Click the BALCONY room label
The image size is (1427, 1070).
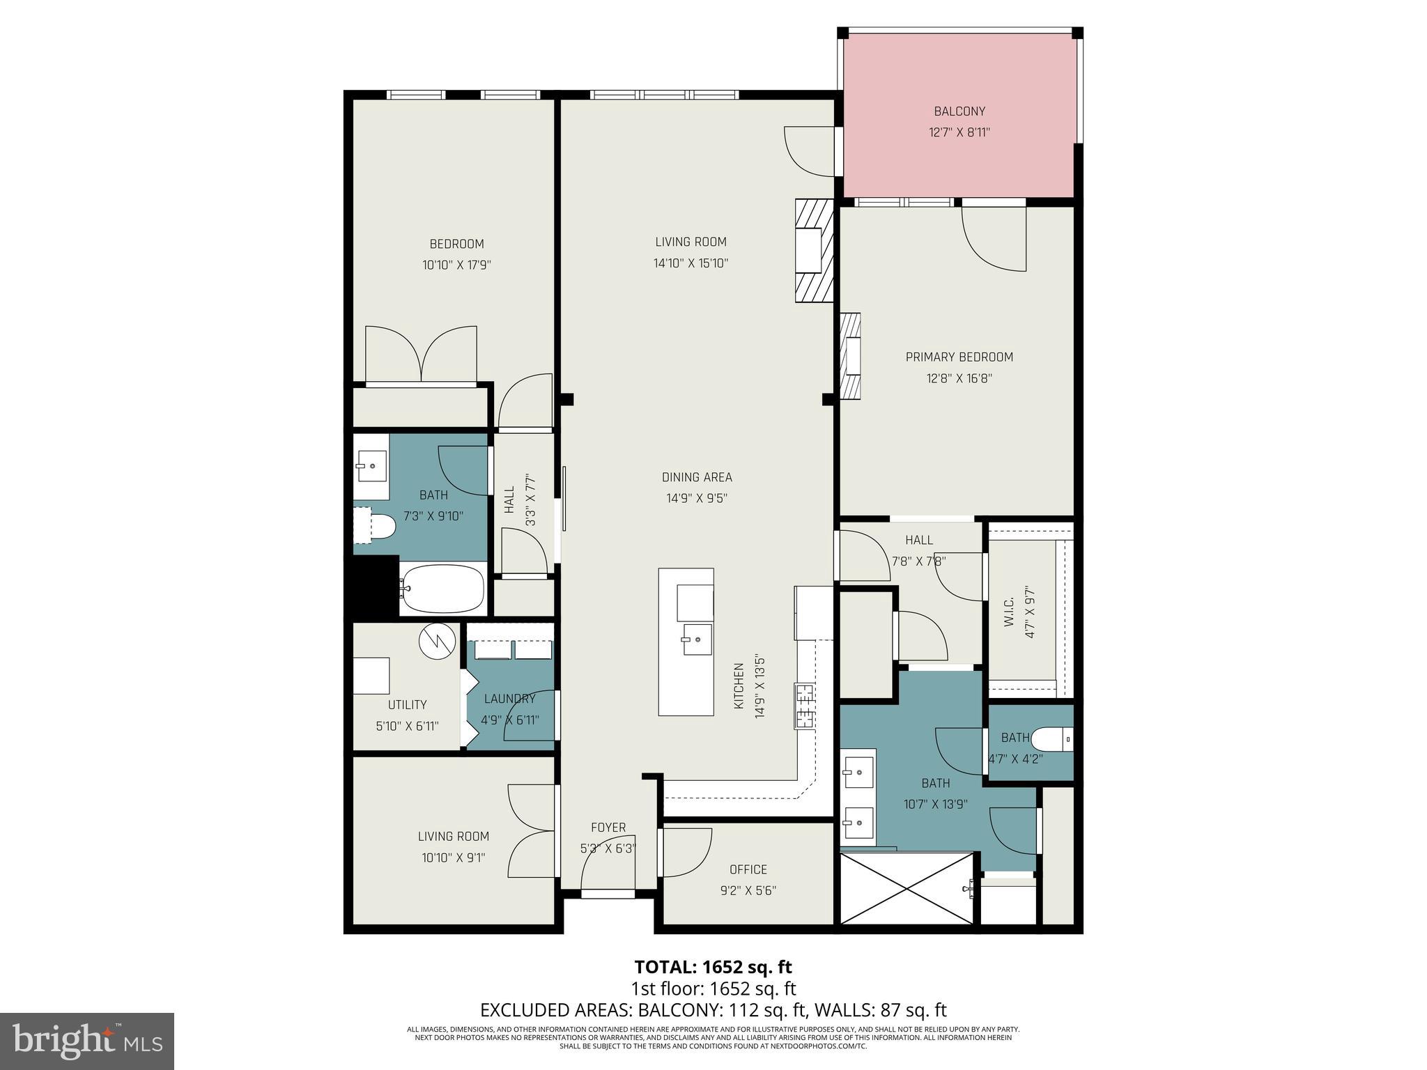click(x=959, y=111)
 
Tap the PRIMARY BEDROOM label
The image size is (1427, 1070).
click(x=959, y=357)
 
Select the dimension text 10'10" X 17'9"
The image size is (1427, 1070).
click(x=456, y=265)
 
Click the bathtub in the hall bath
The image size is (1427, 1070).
click(x=443, y=589)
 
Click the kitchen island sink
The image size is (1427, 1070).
click(x=697, y=639)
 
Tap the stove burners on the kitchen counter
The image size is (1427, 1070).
click(x=804, y=706)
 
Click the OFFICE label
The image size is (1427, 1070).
click(x=748, y=869)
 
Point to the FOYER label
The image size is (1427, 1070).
click(x=608, y=828)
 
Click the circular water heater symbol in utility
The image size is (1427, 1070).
click(x=437, y=641)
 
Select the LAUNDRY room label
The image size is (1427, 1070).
click(x=509, y=699)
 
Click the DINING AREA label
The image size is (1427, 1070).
click(x=696, y=477)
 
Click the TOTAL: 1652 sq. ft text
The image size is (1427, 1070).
click(x=713, y=967)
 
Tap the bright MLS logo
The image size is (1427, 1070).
click(x=86, y=1041)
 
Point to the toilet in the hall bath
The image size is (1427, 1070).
click(x=380, y=527)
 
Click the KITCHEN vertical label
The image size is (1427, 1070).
click(x=739, y=687)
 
